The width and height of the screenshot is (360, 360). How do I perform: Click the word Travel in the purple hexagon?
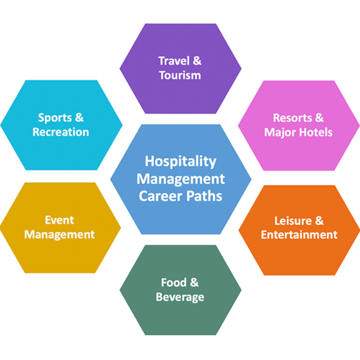(x=174, y=61)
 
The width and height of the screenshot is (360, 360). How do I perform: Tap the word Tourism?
(x=180, y=75)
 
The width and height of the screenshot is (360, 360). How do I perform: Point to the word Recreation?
(x=61, y=132)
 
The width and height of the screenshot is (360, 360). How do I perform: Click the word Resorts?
(x=292, y=118)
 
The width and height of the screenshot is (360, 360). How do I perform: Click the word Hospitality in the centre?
(x=181, y=161)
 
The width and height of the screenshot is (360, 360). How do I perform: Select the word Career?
(x=161, y=196)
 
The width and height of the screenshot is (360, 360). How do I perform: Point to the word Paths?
(x=204, y=196)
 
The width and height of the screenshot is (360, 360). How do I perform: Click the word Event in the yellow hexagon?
(x=60, y=220)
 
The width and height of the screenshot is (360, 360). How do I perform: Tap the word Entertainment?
(x=299, y=235)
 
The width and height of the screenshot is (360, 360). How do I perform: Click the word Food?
(x=174, y=282)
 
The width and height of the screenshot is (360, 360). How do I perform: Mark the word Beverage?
(x=180, y=297)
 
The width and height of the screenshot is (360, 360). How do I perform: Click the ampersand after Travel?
(x=197, y=61)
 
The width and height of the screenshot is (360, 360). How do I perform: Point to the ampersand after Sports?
(x=79, y=118)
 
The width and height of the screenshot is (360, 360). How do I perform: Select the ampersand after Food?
(x=195, y=282)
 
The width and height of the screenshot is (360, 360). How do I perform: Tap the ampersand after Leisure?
(x=319, y=221)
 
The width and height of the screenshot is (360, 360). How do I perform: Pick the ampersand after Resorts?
(x=319, y=118)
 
